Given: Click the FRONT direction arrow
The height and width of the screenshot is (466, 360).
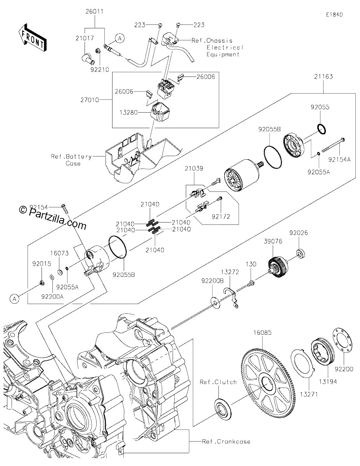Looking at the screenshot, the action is [32, 38].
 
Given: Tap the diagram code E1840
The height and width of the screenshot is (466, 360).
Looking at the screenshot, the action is [334, 15].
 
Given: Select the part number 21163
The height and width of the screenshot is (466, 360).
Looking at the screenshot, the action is [324, 77].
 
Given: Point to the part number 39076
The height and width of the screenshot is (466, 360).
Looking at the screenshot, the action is [273, 241].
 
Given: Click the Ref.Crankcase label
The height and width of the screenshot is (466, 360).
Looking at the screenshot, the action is [226, 441].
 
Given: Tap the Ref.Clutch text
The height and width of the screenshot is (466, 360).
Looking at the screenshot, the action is [218, 382].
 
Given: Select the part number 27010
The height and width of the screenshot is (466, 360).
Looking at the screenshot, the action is [90, 100].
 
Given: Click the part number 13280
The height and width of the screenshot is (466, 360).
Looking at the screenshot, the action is [128, 112].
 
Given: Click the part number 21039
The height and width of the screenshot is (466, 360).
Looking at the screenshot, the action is [194, 169].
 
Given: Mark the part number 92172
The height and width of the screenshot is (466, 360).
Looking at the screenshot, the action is [221, 217].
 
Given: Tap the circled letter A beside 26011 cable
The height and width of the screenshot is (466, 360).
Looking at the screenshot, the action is [120, 38].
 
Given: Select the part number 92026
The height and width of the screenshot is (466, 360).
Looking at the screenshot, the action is [299, 233].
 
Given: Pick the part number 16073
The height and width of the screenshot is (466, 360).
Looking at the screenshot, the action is [59, 253].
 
